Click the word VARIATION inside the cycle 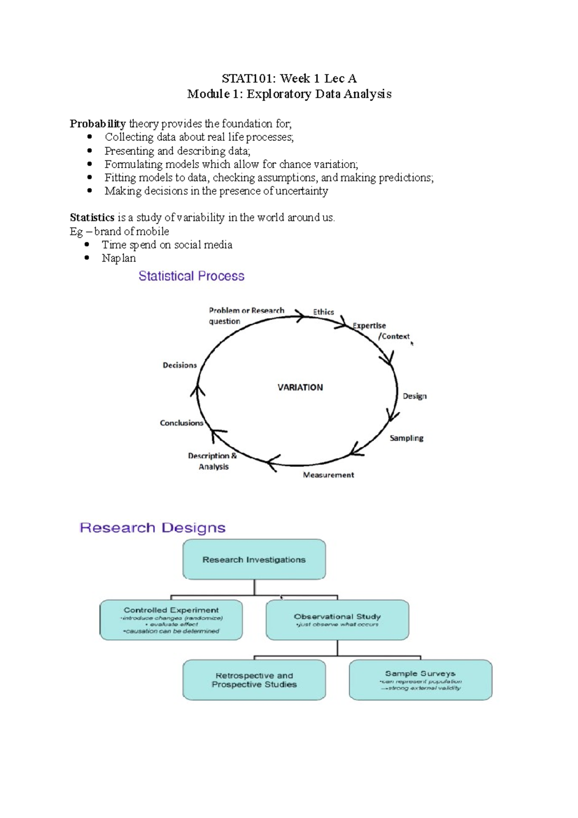(x=300, y=387)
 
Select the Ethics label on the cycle (x=323, y=312)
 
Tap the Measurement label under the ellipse (x=328, y=475)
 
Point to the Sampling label (x=407, y=438)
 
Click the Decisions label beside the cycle (x=180, y=365)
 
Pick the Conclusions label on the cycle (x=182, y=423)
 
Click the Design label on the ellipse (x=414, y=396)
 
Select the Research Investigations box (x=254, y=559)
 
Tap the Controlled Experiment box (x=171, y=620)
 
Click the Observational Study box (x=337, y=620)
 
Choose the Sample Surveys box (x=420, y=679)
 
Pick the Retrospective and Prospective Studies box (x=254, y=680)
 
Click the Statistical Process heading (x=191, y=276)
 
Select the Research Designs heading (x=152, y=528)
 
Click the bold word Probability (x=98, y=124)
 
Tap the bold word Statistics (x=92, y=217)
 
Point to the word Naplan (x=118, y=258)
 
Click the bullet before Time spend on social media (x=87, y=245)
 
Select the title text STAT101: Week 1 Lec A (x=289, y=79)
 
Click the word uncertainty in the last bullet (x=302, y=191)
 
